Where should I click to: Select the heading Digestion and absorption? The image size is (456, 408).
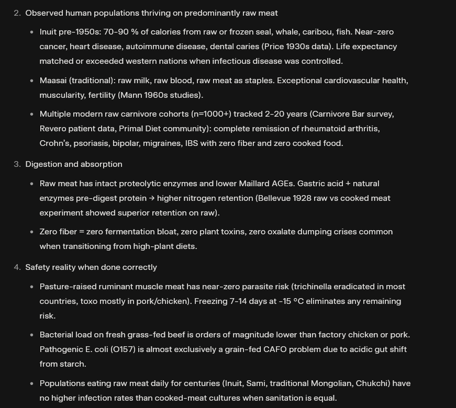[74, 164]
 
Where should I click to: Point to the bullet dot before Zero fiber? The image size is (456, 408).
[32, 232]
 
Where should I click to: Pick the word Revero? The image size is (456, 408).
[55, 129]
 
